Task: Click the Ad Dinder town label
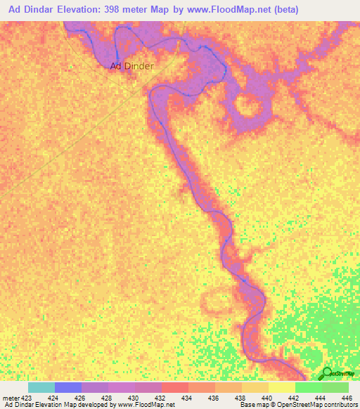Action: coord(131,66)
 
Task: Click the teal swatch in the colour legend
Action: coord(41,387)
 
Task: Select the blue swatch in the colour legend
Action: coord(68,387)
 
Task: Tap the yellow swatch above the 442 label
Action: coord(282,387)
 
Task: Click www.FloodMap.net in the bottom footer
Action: coord(145,405)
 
